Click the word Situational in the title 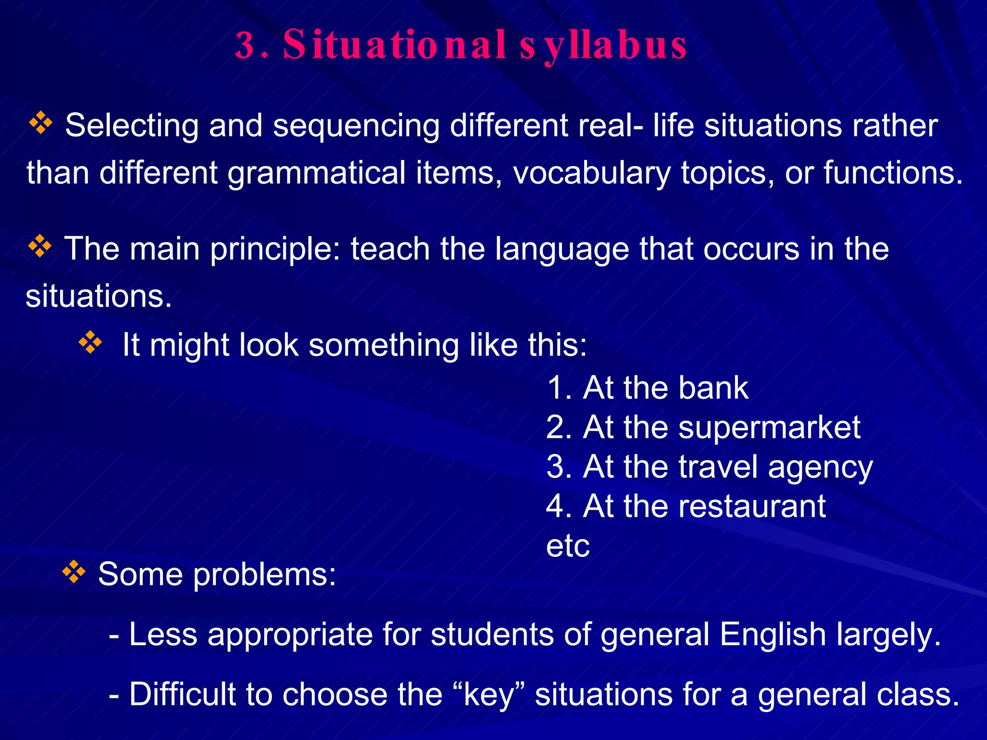[394, 45]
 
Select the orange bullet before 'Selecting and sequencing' [40, 123]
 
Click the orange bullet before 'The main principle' [40, 246]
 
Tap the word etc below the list [568, 546]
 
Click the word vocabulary [591, 172]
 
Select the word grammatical [316, 173]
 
